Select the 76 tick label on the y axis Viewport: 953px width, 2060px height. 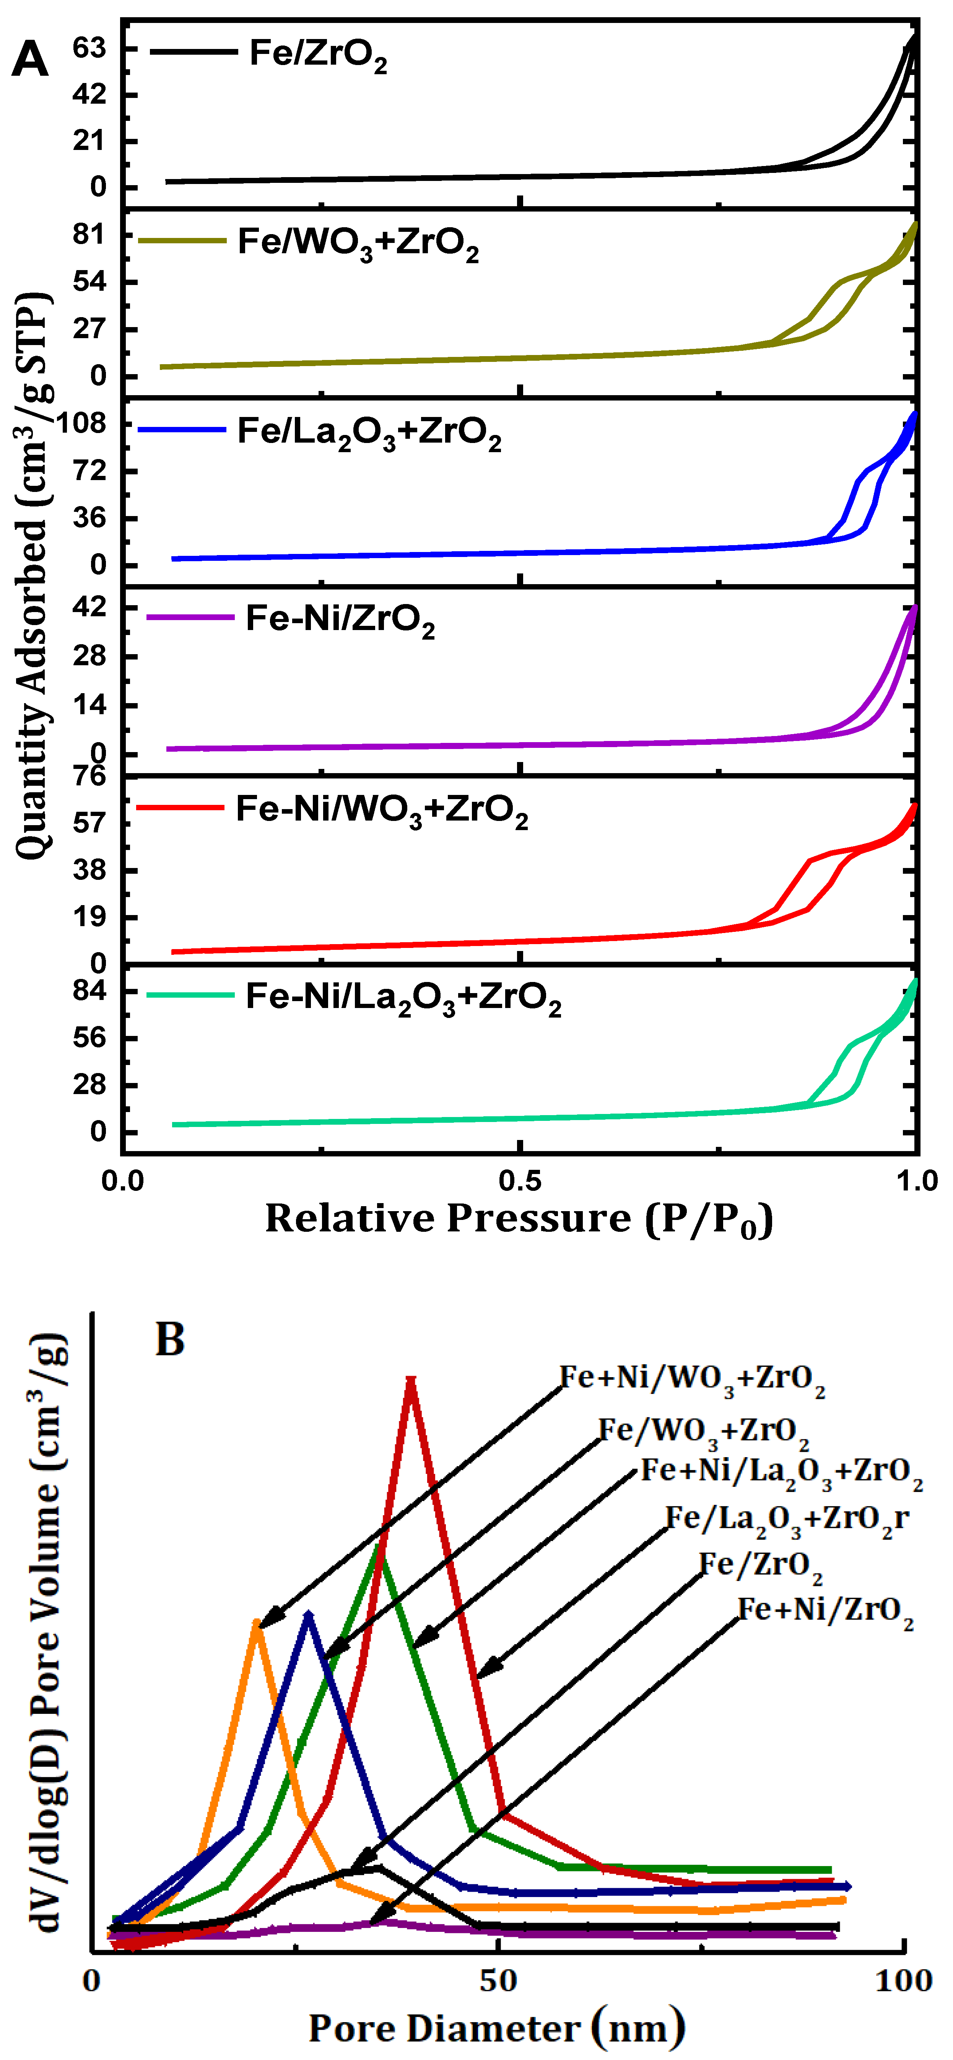click(89, 776)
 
